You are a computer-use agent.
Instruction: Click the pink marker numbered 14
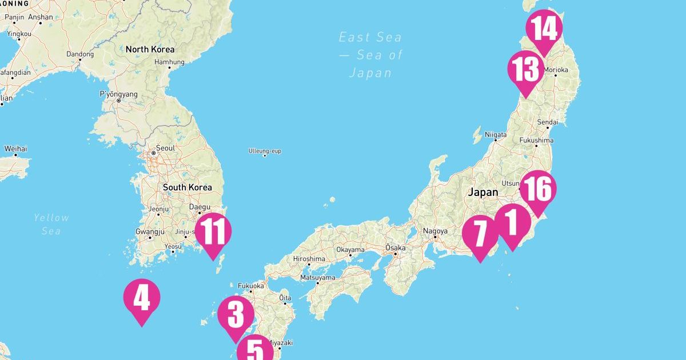[544, 29]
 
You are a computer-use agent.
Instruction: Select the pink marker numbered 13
[526, 70]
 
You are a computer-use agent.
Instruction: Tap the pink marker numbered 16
[538, 190]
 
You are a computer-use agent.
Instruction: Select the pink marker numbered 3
[236, 315]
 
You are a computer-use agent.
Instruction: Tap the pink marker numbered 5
[255, 350]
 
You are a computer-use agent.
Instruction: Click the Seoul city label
[165, 148]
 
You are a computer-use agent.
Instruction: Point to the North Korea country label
[150, 49]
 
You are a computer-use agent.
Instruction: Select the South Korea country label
[187, 187]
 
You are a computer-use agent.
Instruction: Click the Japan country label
[483, 193]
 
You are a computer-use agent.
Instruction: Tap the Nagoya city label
[435, 231]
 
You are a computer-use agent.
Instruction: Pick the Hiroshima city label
[309, 258]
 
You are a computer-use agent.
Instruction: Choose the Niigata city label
[496, 135]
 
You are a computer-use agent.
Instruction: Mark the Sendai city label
[547, 122]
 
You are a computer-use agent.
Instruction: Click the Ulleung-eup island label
[265, 151]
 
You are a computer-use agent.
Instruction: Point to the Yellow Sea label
[51, 224]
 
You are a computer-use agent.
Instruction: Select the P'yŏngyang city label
[119, 94]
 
